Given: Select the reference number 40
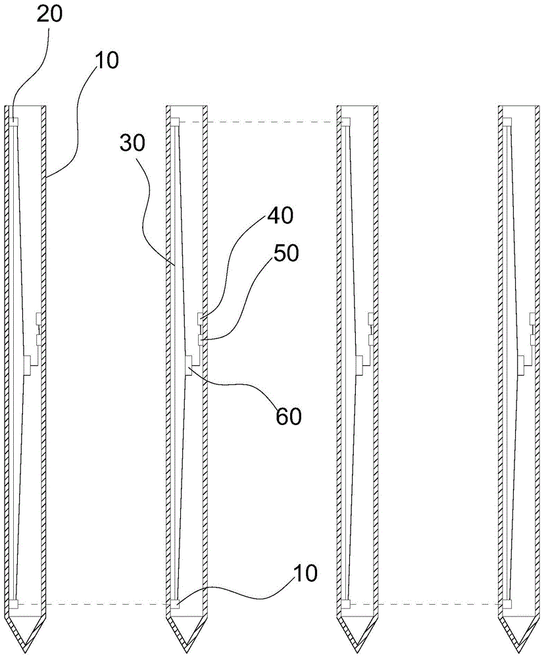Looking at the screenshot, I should click(x=281, y=215).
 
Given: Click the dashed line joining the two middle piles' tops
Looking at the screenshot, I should click(x=259, y=122).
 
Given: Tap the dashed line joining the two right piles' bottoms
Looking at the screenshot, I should click(x=424, y=603).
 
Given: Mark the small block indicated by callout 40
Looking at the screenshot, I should click(x=200, y=319).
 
